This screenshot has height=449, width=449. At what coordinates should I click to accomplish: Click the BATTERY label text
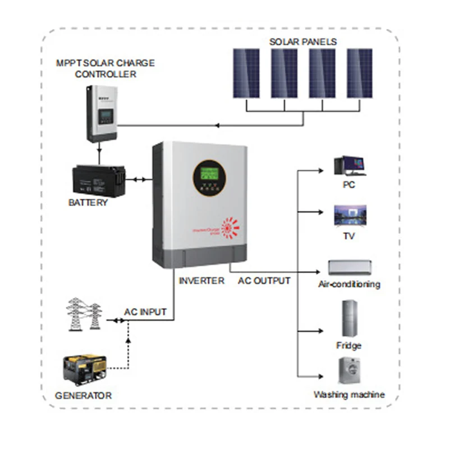[88, 202]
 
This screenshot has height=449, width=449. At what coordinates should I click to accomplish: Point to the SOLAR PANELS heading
[303, 42]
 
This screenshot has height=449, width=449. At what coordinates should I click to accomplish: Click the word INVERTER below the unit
[201, 280]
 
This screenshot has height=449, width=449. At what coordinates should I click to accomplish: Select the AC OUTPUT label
[264, 280]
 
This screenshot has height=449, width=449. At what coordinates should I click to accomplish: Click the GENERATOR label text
[83, 395]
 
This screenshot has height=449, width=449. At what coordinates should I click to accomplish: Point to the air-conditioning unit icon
[349, 267]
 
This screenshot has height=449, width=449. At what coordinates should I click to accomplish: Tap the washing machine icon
[349, 370]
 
